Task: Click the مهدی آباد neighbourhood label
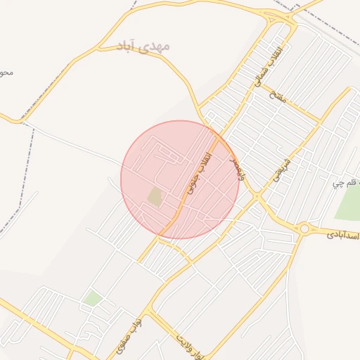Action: (x=143, y=47)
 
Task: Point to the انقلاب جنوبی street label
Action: (x=198, y=173)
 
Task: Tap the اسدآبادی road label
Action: (x=342, y=234)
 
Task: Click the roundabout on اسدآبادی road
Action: (x=304, y=228)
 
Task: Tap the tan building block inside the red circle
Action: (x=155, y=197)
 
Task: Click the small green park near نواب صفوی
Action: (x=92, y=299)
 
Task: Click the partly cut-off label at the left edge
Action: (x=6, y=72)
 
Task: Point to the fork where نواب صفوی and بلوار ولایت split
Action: (x=149, y=310)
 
